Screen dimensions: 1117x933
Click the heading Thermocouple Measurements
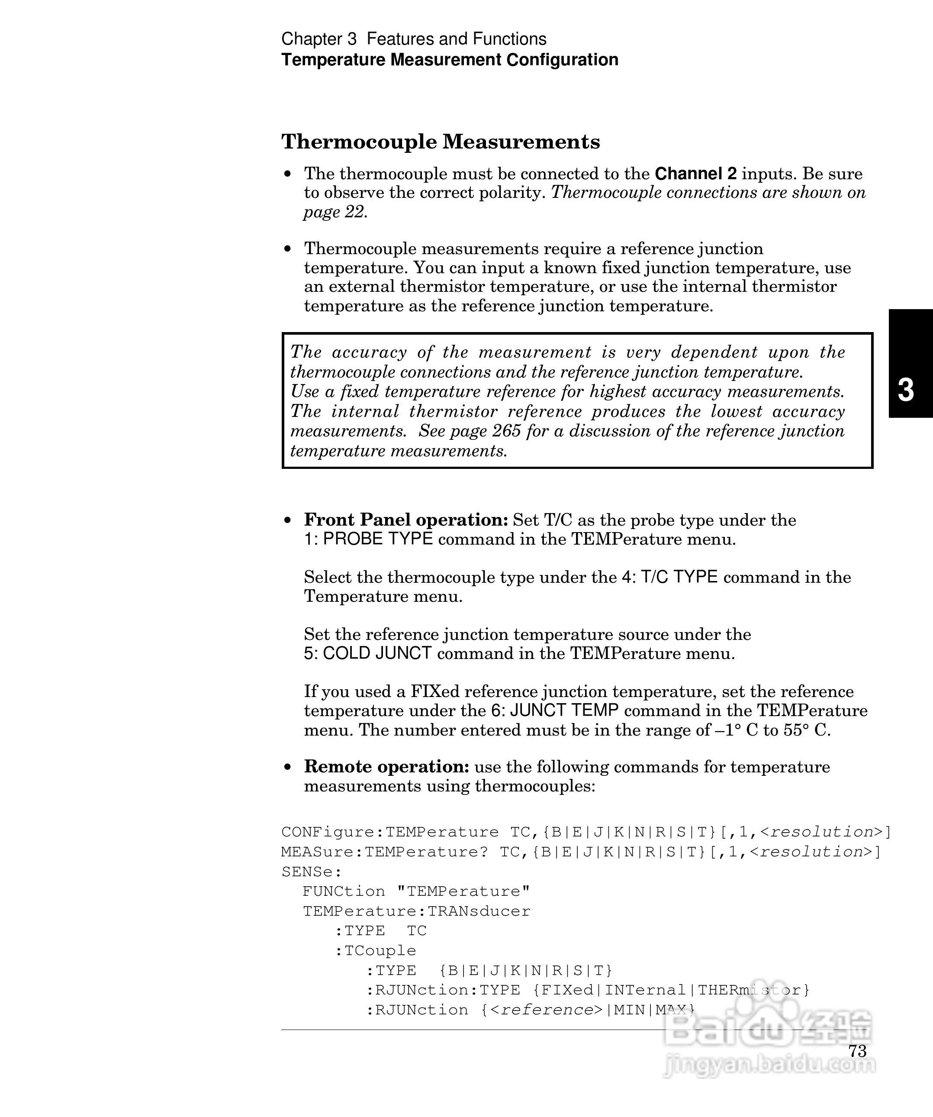[x=440, y=142]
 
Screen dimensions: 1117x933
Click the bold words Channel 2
[x=695, y=174]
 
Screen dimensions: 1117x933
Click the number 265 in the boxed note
[x=506, y=431]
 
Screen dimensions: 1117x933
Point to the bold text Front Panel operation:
[x=406, y=520]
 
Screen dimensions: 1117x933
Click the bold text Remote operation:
[x=386, y=766]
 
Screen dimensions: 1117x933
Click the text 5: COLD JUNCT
[x=367, y=653]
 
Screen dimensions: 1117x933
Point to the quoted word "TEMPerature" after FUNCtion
[x=463, y=891]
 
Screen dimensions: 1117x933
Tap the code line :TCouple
[x=375, y=950]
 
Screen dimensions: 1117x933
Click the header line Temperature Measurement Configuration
[x=449, y=60]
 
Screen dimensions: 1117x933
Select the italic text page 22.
[x=335, y=212]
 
